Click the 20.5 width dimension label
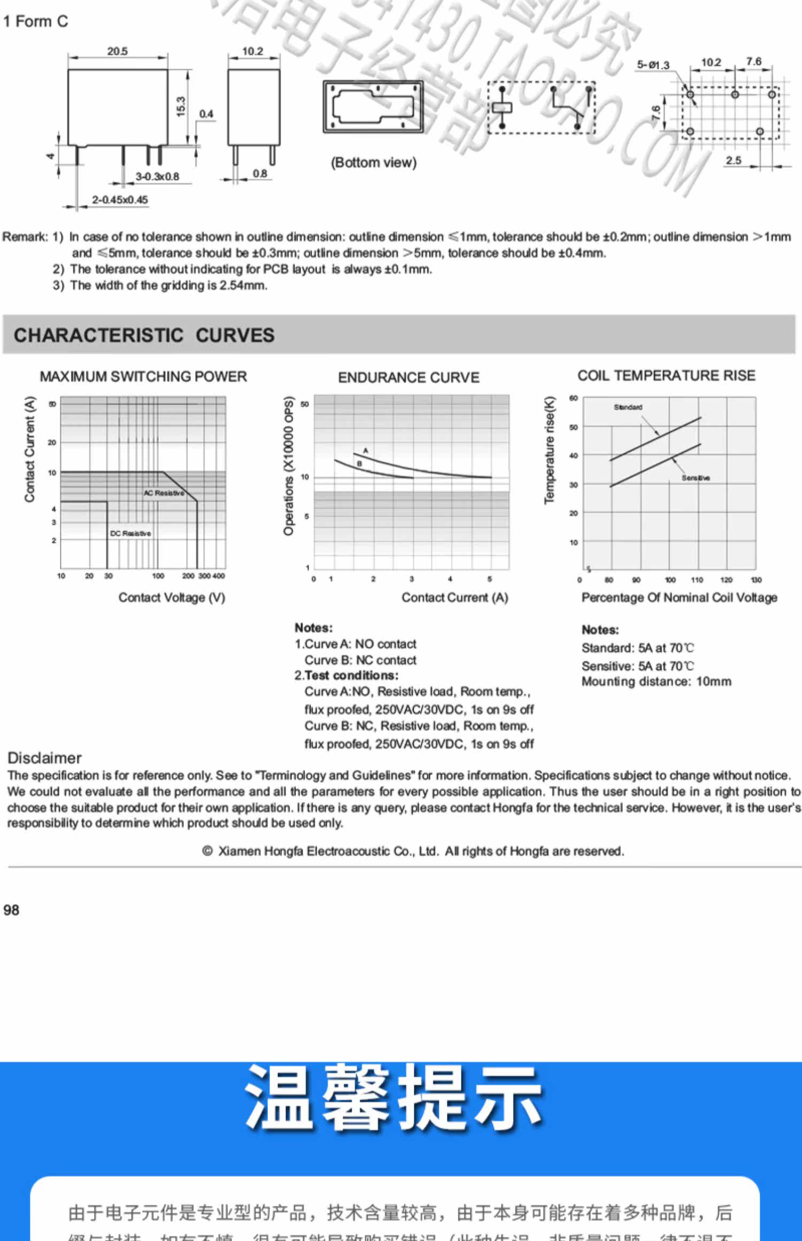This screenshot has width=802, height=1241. coord(117,51)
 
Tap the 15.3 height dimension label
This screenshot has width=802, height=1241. coord(181,106)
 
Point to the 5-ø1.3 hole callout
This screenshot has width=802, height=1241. coord(653,65)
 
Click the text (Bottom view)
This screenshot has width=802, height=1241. coord(373,162)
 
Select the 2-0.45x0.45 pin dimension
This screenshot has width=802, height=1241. coord(120,200)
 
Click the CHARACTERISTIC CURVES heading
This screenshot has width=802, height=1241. coord(144,335)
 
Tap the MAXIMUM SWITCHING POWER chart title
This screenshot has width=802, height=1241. coord(143,376)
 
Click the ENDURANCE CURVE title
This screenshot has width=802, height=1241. coord(408,377)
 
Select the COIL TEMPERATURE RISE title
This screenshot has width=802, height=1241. coord(666,376)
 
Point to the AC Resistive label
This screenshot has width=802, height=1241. coord(164,493)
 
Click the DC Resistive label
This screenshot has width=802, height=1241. coord(130,533)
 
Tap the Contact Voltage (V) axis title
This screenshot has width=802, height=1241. coord(172,598)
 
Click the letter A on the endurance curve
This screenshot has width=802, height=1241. coord(366,451)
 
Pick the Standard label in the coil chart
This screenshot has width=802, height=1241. coord(628,407)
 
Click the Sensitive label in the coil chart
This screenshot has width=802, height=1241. coord(696,478)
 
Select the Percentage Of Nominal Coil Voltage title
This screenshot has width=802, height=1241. coord(679,598)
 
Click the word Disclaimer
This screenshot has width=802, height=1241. coord(44,758)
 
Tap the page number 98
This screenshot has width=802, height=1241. coord(11,910)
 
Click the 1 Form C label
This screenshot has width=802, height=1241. coord(35,21)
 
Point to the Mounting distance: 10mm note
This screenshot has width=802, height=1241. coord(656,681)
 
